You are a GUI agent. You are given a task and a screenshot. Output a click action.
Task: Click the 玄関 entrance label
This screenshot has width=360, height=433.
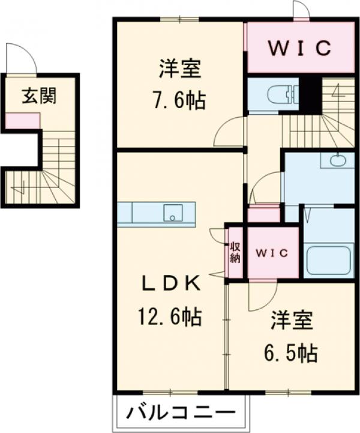[x=40, y=96]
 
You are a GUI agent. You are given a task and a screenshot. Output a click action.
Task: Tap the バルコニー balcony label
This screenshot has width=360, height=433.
[x=180, y=414]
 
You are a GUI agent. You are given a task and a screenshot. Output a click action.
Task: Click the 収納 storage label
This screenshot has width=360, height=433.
[x=235, y=252]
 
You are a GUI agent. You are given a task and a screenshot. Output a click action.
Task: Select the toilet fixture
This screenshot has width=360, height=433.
[x=281, y=94]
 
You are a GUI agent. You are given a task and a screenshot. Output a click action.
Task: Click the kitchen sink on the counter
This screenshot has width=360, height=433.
[x=173, y=213]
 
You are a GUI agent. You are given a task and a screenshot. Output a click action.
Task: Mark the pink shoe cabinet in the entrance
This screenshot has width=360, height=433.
[x=23, y=121]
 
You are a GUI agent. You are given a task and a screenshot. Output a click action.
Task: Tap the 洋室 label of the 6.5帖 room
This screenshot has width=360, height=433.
[x=292, y=322]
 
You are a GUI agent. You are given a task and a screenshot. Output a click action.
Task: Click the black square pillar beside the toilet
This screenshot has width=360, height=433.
[x=310, y=95]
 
